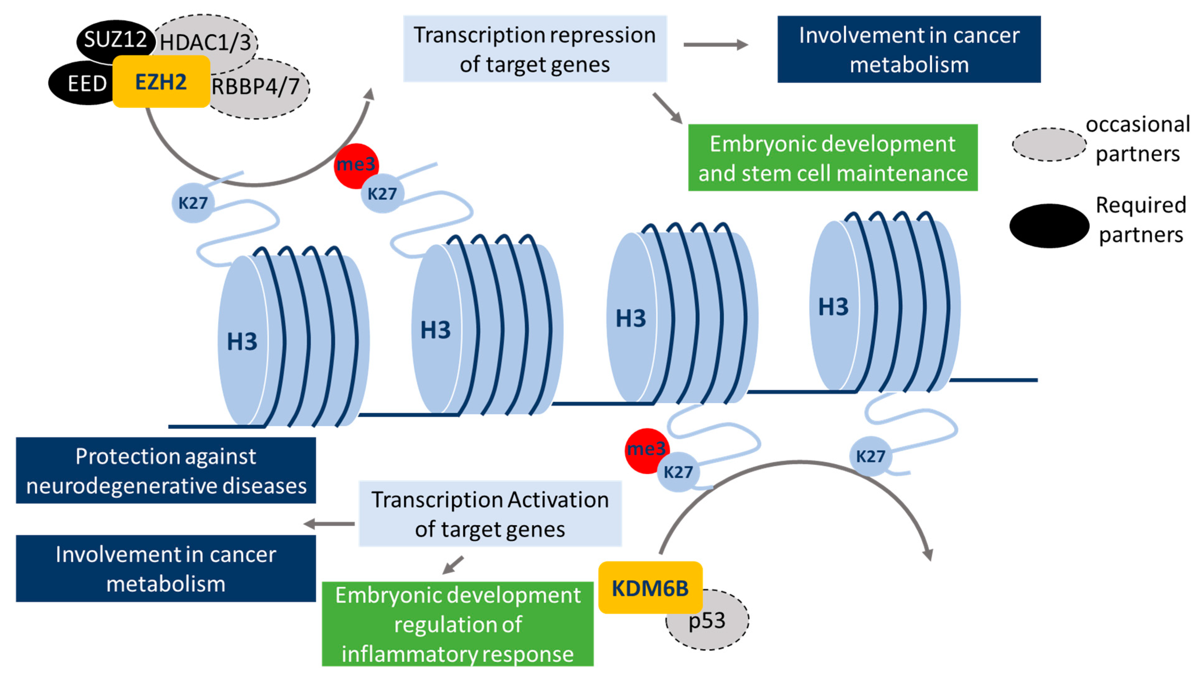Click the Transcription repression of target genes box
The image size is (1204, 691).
[x=535, y=49]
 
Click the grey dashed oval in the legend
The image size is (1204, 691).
[x=1049, y=144]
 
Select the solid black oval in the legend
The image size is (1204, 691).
[x=1049, y=226]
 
